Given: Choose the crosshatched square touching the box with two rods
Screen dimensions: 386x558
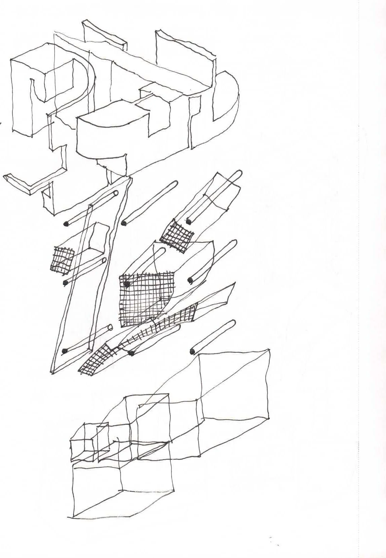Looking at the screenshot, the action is (x=177, y=235).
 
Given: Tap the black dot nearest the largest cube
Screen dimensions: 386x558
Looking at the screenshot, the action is (x=193, y=351).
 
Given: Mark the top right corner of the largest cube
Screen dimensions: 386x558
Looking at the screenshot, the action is (x=269, y=350).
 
